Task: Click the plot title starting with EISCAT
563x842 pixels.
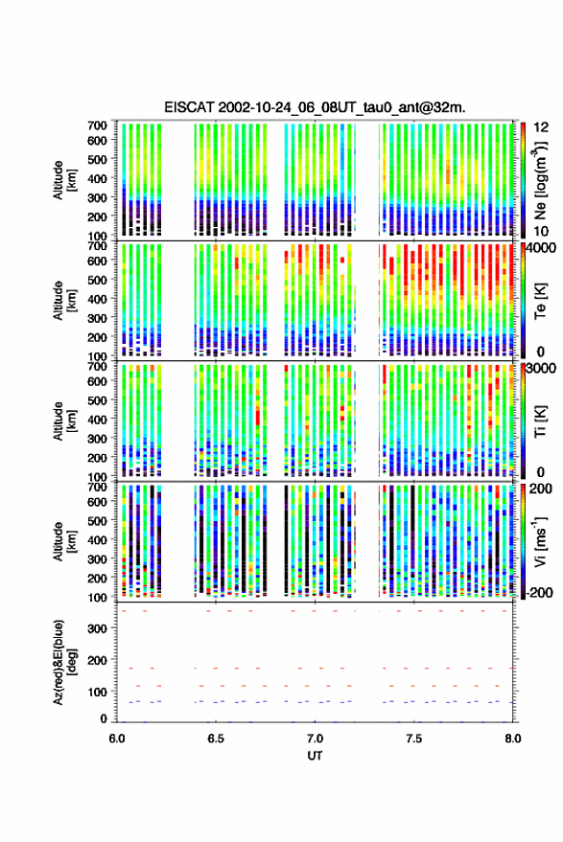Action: [315, 107]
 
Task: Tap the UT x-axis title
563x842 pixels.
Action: [315, 756]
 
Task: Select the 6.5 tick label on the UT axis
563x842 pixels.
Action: [216, 739]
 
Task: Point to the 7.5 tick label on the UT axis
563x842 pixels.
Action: [413, 739]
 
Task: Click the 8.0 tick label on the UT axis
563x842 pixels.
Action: [513, 739]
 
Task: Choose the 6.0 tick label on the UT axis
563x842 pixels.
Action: [117, 739]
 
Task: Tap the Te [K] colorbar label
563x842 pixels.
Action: [540, 301]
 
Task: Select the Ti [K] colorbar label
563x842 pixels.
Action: [540, 421]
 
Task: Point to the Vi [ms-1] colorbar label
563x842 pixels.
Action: [539, 542]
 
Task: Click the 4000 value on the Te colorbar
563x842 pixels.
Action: [542, 247]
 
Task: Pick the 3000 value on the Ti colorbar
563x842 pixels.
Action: [542, 368]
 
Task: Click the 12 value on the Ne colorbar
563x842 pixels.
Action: [542, 127]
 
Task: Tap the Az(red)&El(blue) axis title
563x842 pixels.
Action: [64, 663]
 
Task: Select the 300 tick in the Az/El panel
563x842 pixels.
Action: [97, 628]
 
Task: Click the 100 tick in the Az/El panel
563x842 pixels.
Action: [97, 692]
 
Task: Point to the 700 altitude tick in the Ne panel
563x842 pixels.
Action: [97, 125]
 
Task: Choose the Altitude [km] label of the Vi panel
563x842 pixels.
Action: [64, 541]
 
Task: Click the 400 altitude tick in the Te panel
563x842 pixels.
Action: [97, 299]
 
